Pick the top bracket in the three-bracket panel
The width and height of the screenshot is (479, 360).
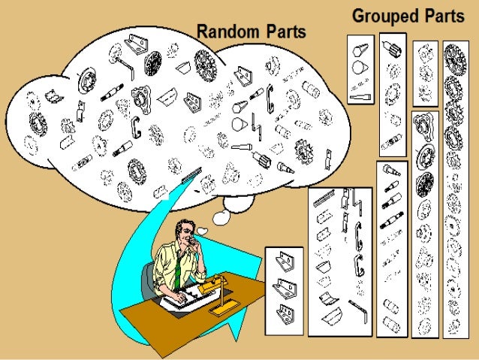point(284,262)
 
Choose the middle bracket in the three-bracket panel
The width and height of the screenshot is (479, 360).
point(284,286)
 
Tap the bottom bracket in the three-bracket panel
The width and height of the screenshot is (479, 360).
point(284,310)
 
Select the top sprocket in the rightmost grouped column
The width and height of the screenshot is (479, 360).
point(453,55)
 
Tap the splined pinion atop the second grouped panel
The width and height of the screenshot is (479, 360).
point(391,51)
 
